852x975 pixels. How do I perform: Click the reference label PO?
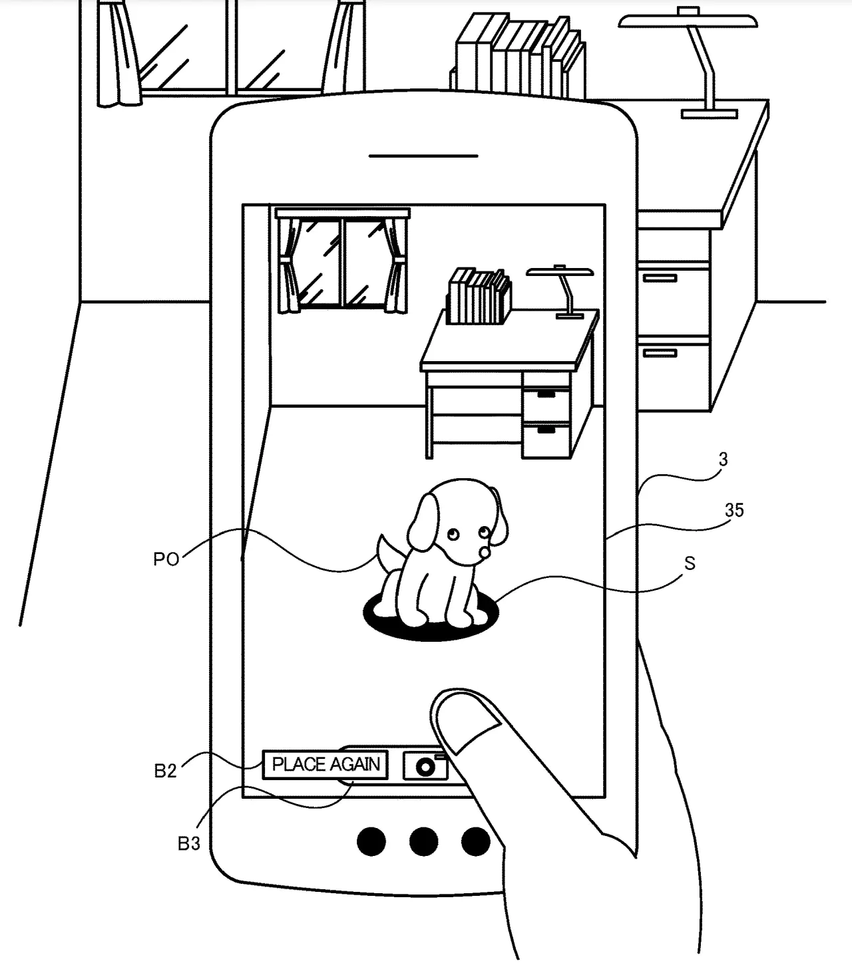pos(166,559)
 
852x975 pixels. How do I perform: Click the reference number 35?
pos(734,510)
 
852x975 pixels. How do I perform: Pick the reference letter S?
pos(690,564)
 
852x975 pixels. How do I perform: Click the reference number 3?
pos(724,460)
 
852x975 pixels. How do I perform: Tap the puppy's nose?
pos(485,552)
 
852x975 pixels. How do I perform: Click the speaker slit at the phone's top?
pos(423,156)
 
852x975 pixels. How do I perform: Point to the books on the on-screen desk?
pos(479,297)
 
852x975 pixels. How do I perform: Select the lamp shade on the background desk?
pos(688,21)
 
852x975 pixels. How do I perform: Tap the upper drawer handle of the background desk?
pos(660,278)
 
